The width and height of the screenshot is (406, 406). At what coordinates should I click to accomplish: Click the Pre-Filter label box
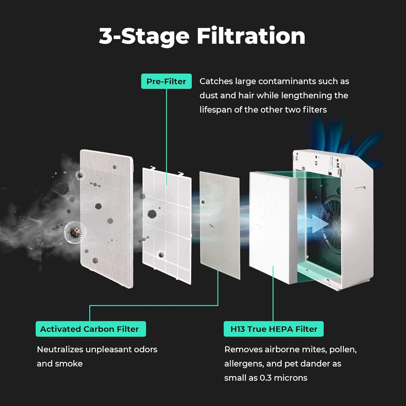[x=166, y=81]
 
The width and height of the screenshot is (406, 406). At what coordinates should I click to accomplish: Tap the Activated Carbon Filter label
[x=90, y=329]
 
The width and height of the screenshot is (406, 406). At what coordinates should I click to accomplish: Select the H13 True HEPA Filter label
[x=274, y=329]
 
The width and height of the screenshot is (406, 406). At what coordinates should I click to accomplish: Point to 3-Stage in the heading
[x=144, y=37]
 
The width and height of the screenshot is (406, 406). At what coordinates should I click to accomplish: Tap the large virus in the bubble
[x=75, y=232]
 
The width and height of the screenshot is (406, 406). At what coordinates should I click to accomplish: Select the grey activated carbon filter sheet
[x=220, y=225]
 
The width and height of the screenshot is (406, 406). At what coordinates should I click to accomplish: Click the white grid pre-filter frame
[x=167, y=225]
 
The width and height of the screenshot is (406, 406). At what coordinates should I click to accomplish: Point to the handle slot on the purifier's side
[x=360, y=188]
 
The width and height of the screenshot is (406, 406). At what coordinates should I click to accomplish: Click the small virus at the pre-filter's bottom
[x=161, y=255]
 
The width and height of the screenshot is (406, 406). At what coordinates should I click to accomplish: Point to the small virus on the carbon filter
[x=203, y=201]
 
